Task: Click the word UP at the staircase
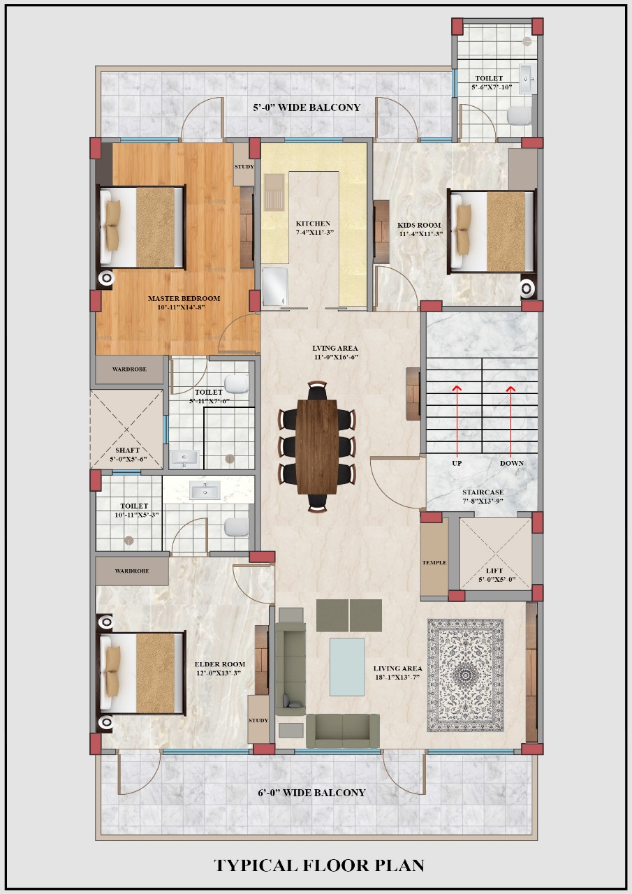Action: tap(457, 463)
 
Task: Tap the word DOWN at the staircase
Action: tap(511, 463)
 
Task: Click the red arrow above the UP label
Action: tap(457, 420)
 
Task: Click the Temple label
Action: tap(434, 562)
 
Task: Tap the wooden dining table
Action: tap(317, 446)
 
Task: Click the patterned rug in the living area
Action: tap(465, 675)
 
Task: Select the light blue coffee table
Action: tap(347, 667)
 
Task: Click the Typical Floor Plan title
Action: tap(319, 865)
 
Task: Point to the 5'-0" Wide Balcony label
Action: tap(307, 108)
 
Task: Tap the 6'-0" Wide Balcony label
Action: tap(311, 793)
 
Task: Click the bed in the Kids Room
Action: tap(491, 231)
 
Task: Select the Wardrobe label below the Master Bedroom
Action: tap(129, 369)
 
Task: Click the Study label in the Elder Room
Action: tap(258, 720)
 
